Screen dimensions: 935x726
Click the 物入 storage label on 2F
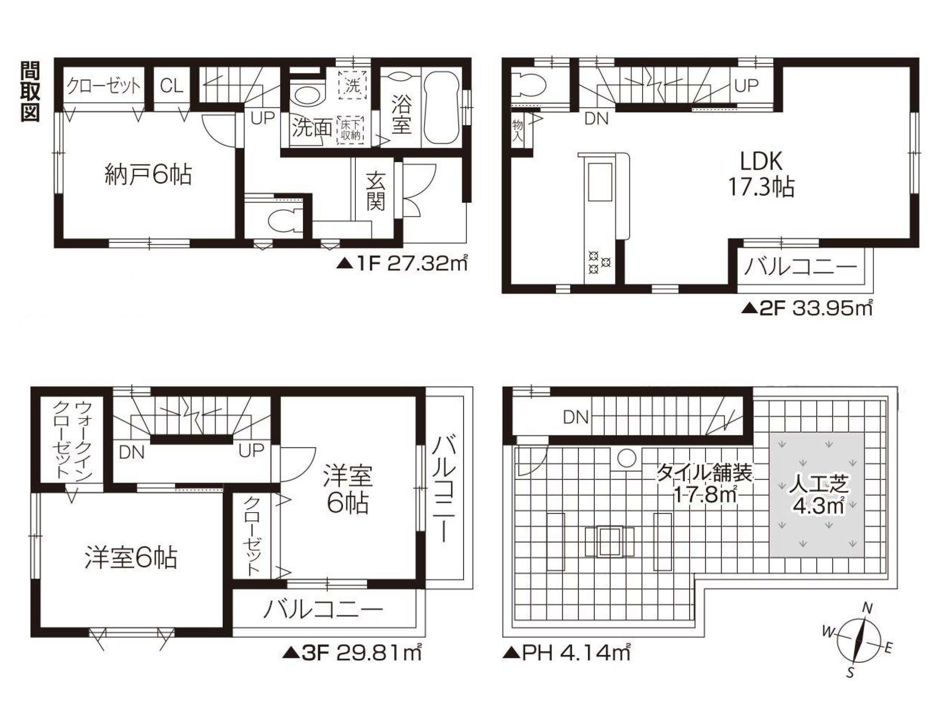coord(517,131)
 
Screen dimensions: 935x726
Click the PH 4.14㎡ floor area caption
coord(566,653)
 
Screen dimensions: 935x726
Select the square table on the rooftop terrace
coord(610,542)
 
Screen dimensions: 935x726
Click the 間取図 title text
coord(31,91)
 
